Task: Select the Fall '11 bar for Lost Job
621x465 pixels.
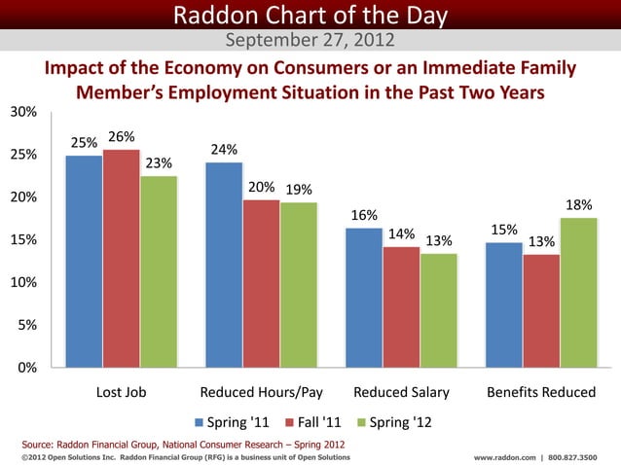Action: click(121, 258)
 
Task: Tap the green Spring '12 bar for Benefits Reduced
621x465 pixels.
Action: click(578, 292)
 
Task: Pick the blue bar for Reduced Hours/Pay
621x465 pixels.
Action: click(224, 265)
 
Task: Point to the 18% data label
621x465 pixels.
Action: click(579, 205)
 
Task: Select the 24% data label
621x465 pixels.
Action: click(224, 150)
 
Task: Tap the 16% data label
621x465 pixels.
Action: click(364, 215)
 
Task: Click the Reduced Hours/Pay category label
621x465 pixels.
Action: click(261, 393)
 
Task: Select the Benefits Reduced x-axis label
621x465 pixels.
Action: click(540, 393)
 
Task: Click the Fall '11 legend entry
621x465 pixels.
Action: click(312, 423)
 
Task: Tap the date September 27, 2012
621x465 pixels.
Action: click(310, 41)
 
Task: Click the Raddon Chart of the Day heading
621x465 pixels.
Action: click(310, 15)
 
